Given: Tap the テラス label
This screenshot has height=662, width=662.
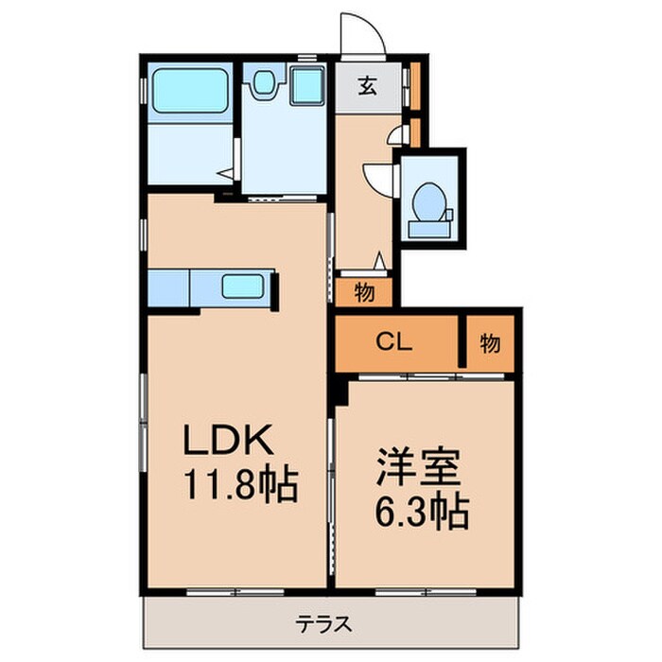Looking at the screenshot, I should point(325,624).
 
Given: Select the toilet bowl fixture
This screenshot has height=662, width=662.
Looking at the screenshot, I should point(430,198).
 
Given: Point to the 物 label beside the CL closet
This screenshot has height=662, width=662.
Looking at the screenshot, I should point(490,343).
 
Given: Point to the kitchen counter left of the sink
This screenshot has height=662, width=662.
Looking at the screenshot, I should point(169,287).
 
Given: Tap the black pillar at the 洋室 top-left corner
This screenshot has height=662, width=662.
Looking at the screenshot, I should point(340,388).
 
